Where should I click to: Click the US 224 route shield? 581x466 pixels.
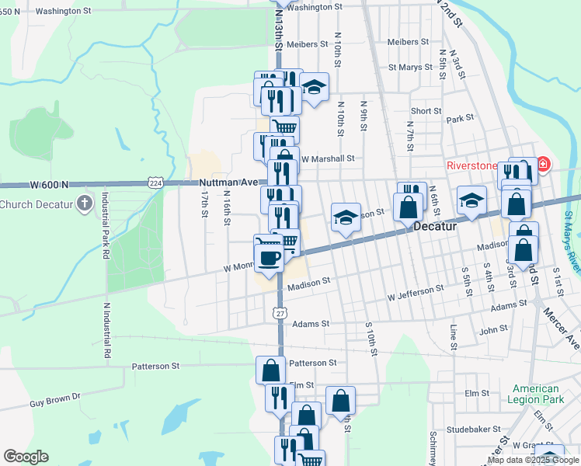pos(155,183)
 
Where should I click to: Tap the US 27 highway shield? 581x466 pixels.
pos(280,312)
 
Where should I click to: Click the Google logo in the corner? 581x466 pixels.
pos(26,457)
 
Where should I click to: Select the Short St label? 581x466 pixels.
pos(426,111)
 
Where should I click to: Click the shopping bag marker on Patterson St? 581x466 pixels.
pos(270,370)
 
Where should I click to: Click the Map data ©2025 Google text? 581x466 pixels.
pos(534,461)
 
